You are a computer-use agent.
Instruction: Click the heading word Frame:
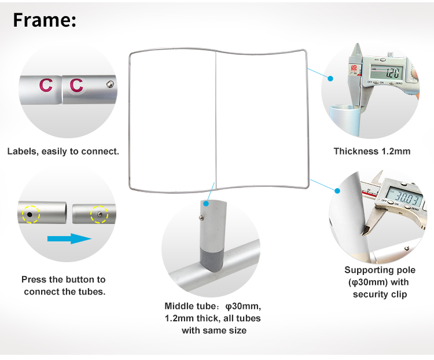45,20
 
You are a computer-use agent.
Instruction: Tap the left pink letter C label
46,85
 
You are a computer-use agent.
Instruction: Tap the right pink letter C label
76,85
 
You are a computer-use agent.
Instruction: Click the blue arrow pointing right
69,238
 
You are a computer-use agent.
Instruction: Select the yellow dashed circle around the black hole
31,214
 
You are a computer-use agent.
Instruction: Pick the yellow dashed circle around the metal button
100,214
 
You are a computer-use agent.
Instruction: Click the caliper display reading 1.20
389,72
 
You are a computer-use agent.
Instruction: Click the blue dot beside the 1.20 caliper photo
330,78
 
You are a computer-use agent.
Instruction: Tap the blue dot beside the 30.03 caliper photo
337,191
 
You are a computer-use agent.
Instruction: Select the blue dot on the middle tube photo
205,204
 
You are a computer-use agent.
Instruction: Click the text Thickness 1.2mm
372,151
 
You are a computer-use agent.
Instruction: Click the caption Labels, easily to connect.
63,151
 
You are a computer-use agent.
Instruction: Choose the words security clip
380,294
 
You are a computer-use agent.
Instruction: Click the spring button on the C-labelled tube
110,84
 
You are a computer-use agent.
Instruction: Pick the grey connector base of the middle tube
211,260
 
